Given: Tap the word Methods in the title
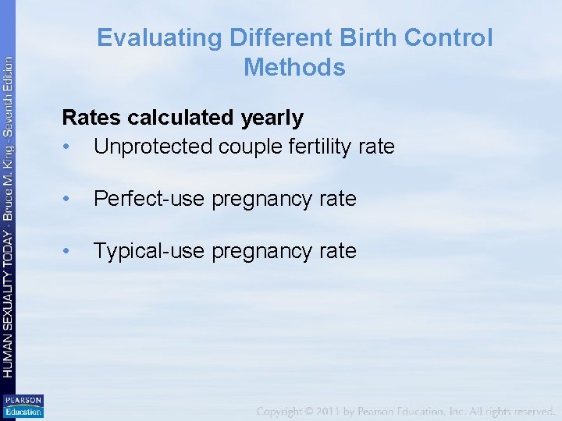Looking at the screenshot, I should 294,68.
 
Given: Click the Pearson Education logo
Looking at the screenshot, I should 23,406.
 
